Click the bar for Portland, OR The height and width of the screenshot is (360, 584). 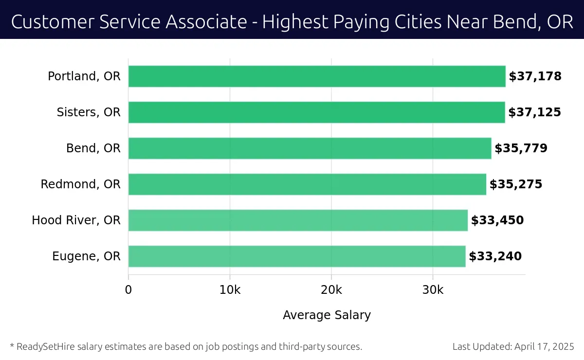tap(317, 76)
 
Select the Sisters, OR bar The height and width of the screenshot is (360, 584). tap(316, 112)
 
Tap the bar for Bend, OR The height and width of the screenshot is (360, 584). tap(310, 148)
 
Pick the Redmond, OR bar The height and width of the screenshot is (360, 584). tap(307, 184)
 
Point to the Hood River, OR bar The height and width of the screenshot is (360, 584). tap(298, 220)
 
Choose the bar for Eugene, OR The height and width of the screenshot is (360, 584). tap(297, 256)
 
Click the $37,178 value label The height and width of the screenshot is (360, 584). tap(535, 76)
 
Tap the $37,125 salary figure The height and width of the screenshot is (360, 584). tap(534, 112)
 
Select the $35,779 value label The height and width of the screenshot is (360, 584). tap(521, 148)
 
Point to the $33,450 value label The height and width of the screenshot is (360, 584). tap(497, 220)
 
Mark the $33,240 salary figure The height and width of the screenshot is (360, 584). tap(495, 256)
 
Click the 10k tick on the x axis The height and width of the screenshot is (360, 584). tap(230, 290)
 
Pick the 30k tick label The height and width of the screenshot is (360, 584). tap(433, 290)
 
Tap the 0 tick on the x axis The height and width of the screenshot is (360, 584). tap(128, 290)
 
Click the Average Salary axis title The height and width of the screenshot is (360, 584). tap(327, 315)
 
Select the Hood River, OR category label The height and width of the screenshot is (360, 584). tap(76, 220)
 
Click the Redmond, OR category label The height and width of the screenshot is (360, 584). tap(80, 184)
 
